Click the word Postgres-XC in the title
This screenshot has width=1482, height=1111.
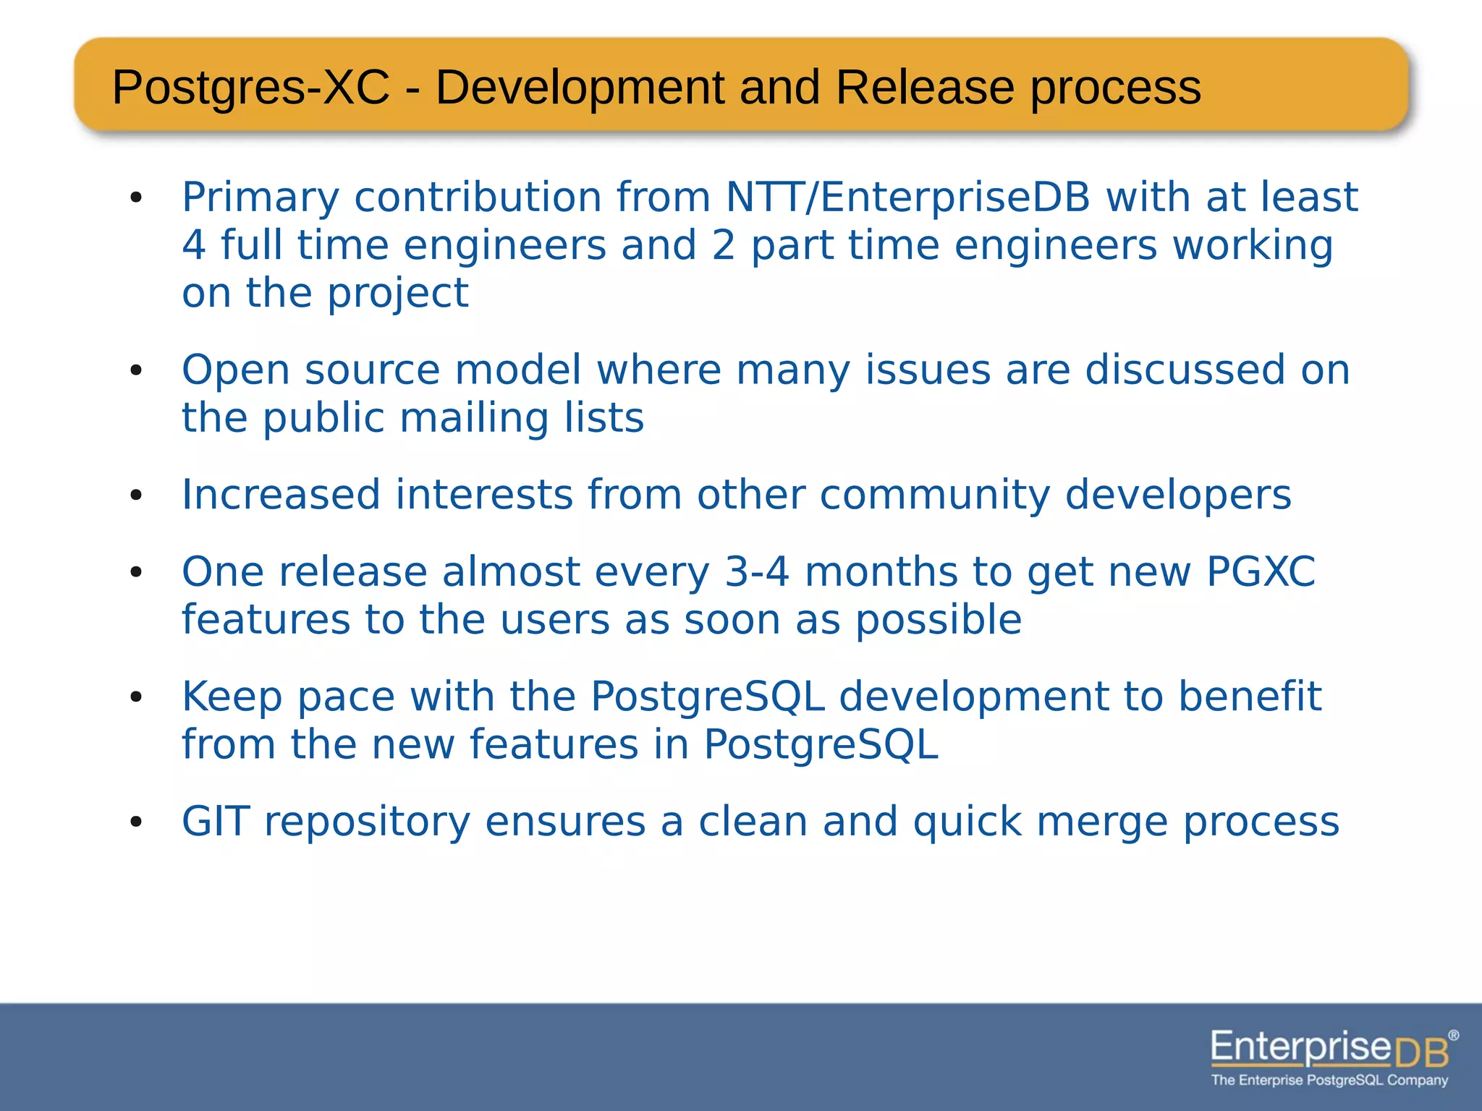(250, 88)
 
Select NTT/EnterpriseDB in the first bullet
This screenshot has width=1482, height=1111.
(907, 197)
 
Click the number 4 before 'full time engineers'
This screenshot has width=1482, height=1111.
(193, 245)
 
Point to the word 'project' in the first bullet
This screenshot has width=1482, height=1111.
(397, 294)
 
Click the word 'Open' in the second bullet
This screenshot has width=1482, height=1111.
(235, 371)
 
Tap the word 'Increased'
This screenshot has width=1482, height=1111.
(281, 495)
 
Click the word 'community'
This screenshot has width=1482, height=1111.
(934, 496)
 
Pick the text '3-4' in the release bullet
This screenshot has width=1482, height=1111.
(756, 572)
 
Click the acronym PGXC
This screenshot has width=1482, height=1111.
(1260, 572)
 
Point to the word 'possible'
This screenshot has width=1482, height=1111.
(939, 621)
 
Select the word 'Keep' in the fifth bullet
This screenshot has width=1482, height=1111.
(232, 697)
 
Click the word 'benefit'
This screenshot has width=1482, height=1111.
(1250, 697)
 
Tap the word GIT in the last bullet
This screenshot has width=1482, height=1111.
(215, 822)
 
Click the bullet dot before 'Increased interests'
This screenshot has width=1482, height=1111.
(136, 496)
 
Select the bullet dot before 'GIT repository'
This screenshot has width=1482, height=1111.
(136, 823)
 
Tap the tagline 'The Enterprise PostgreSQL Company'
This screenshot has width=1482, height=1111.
(1329, 1081)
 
